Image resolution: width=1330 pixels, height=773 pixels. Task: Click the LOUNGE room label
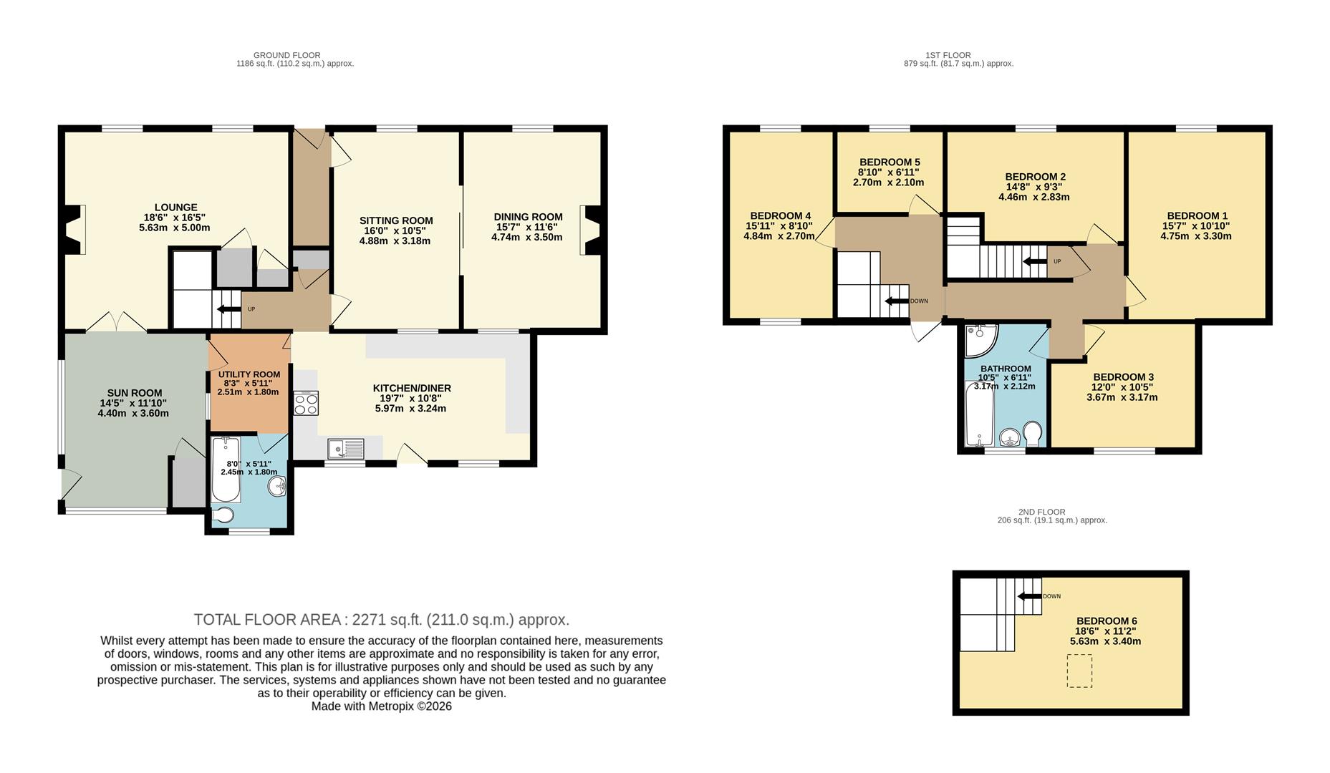click(x=175, y=208)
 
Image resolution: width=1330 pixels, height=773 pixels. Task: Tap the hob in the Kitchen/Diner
click(x=306, y=404)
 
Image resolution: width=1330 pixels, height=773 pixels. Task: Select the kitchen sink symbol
click(x=346, y=449)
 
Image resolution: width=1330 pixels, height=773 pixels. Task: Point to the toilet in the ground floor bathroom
click(x=223, y=515)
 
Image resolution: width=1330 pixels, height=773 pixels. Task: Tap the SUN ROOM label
click(x=135, y=393)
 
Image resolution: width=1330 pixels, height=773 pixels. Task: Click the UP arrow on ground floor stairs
click(x=228, y=309)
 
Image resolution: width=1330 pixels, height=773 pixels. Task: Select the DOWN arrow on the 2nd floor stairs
click(x=1029, y=596)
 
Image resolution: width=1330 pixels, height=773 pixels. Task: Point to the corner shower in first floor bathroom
click(x=979, y=340)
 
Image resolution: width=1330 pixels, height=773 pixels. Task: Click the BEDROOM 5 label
click(x=890, y=162)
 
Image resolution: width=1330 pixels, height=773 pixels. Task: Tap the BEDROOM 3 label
click(x=1123, y=377)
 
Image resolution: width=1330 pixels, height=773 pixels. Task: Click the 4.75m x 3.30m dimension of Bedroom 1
click(x=1196, y=235)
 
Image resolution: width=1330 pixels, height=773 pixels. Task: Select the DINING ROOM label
click(x=528, y=217)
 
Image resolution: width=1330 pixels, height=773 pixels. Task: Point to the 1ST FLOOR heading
click(x=948, y=55)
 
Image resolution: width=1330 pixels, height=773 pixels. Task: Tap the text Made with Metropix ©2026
click(x=381, y=706)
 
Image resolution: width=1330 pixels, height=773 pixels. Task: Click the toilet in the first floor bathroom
click(x=1033, y=432)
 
